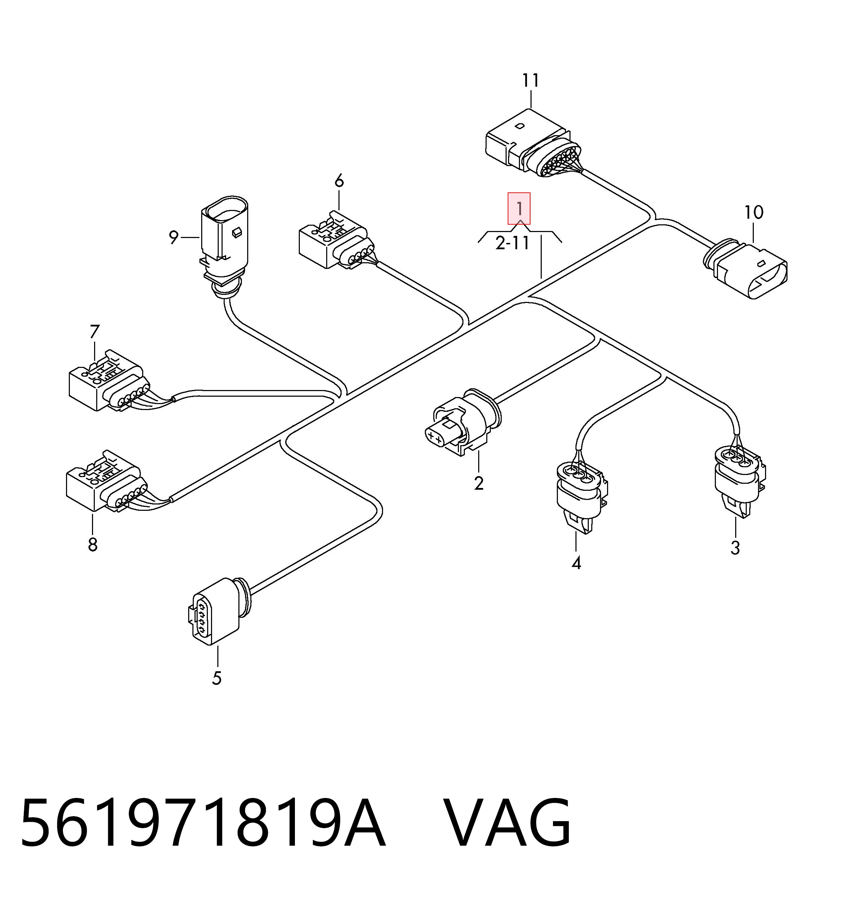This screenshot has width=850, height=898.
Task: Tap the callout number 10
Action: [x=754, y=212]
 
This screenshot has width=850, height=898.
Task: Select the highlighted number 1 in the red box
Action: [x=519, y=209]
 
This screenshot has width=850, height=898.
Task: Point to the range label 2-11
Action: [x=513, y=244]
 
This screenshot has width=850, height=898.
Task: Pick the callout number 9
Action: [x=173, y=237]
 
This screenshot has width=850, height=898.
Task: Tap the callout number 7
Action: [x=94, y=332]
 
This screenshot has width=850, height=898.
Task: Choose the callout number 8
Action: [x=93, y=544]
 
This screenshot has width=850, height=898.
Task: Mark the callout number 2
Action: [x=479, y=483]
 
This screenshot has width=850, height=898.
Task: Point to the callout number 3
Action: [x=735, y=548]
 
